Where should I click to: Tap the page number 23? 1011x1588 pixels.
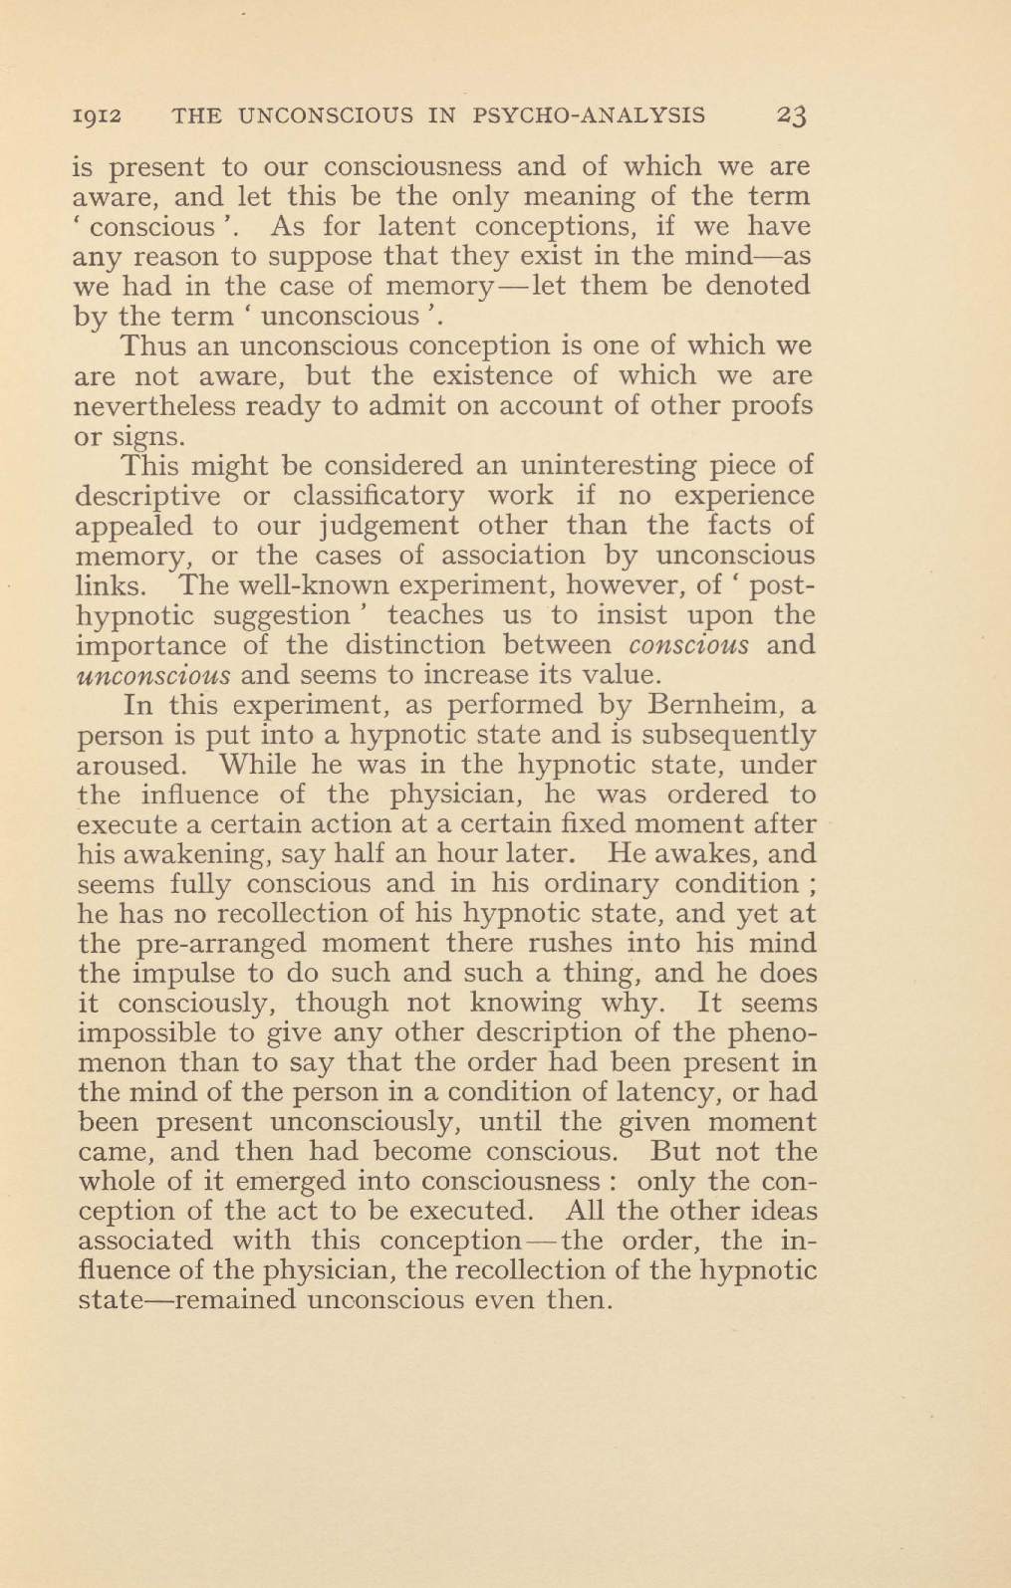pos(794,115)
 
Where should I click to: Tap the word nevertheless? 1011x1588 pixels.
pos(154,406)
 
